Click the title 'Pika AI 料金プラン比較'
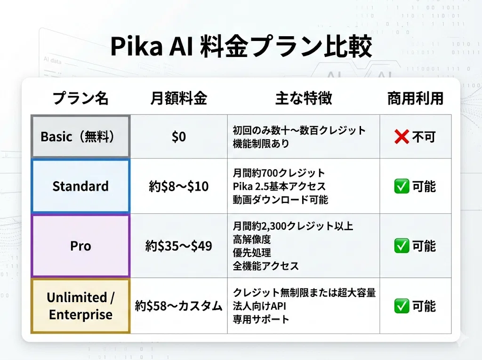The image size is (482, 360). (x=241, y=46)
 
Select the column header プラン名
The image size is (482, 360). (x=80, y=98)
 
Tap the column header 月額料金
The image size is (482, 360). (x=178, y=98)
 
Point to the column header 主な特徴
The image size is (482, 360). (x=304, y=98)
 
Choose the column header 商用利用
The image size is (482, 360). (x=415, y=98)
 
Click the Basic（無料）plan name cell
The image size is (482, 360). (x=80, y=136)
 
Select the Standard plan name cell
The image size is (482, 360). (x=80, y=186)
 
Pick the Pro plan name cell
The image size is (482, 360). (x=80, y=246)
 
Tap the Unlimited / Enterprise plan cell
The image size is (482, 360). (x=80, y=306)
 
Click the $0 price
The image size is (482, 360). (x=179, y=136)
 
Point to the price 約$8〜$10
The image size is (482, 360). (x=178, y=186)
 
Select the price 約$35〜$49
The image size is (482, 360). (x=178, y=246)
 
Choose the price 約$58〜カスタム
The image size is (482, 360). (x=178, y=306)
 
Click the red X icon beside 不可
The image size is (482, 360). (x=402, y=137)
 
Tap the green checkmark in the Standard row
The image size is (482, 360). (x=402, y=186)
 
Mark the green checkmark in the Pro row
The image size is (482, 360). (x=402, y=246)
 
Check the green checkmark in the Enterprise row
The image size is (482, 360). (x=402, y=306)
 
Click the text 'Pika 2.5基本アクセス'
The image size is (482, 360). (x=279, y=186)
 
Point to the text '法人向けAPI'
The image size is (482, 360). (x=259, y=306)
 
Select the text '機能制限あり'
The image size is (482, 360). (x=261, y=144)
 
